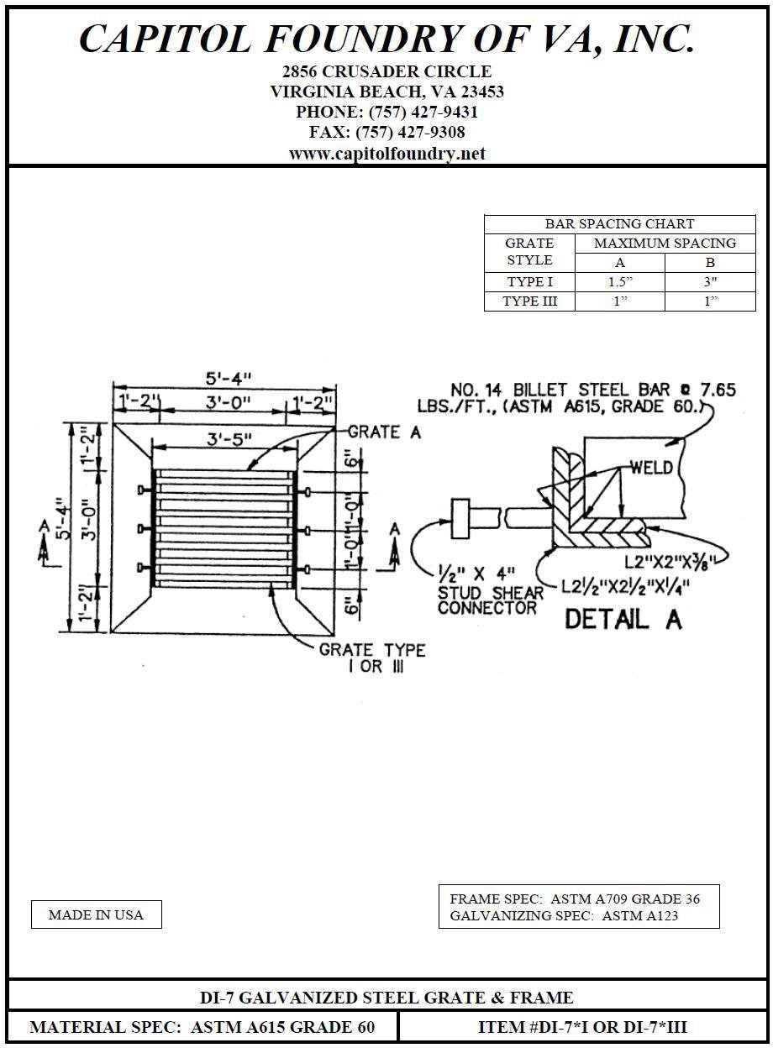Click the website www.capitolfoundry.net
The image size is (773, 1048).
click(386, 154)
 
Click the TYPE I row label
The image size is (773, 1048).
click(529, 282)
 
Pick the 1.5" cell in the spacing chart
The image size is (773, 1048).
click(620, 282)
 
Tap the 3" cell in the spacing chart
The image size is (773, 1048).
click(710, 282)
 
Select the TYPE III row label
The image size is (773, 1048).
click(529, 301)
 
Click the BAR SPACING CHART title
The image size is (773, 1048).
click(619, 224)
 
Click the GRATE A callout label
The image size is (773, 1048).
click(384, 432)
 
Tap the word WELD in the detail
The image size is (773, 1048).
click(651, 466)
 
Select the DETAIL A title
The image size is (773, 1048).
click(623, 620)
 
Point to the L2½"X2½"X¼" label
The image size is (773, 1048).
click(624, 585)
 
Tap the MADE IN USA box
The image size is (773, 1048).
click(96, 914)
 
